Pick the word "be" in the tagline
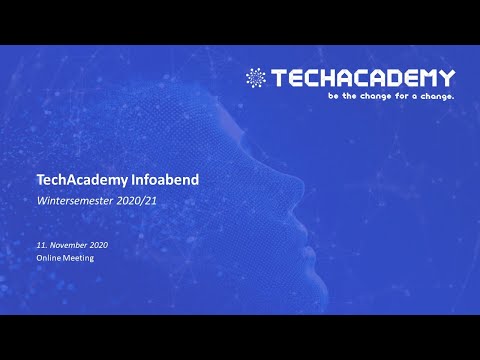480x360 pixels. click(x=333, y=97)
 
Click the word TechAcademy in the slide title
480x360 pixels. click(x=75, y=181)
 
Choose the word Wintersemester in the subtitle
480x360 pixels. click(x=75, y=201)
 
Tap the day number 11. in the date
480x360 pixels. click(x=42, y=245)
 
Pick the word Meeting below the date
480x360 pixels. click(x=78, y=257)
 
